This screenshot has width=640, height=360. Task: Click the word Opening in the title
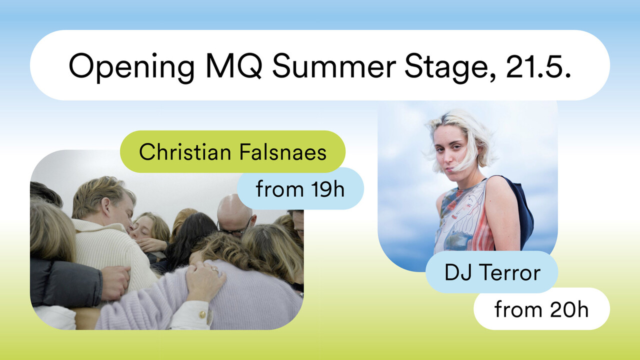click(131, 67)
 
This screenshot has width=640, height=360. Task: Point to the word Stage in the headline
click(449, 67)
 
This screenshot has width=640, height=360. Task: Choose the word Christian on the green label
click(185, 151)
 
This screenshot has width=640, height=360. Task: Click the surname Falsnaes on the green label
click(282, 151)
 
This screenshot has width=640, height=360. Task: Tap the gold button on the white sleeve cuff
click(202, 314)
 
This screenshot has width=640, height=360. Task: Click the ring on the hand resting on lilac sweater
click(215, 269)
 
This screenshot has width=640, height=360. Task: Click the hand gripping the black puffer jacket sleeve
click(115, 282)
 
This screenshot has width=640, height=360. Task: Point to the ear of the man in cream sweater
click(105, 206)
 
